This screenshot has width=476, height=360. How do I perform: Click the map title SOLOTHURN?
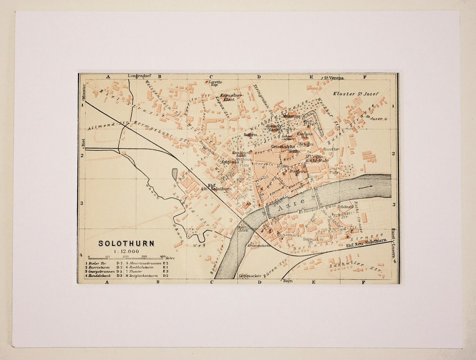coord(126,244)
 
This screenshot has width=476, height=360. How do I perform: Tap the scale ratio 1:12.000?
coord(126,251)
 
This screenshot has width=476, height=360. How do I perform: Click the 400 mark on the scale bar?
coord(163,256)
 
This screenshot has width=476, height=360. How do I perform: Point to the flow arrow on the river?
coord(365,187)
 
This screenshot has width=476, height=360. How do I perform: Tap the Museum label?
coord(291,116)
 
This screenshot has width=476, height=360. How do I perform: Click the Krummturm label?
coord(260,245)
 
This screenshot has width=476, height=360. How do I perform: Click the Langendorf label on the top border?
coord(139,76)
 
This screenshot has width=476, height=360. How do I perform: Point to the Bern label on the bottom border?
coord(288,281)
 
